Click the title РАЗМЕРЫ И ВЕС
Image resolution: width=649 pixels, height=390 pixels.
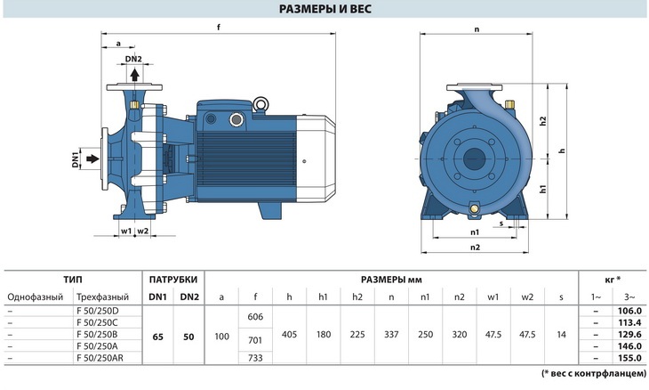(324, 9)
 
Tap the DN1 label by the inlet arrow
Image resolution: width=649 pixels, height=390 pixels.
(76, 159)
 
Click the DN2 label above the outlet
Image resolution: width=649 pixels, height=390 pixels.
(133, 59)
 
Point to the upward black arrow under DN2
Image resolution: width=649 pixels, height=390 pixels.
(134, 75)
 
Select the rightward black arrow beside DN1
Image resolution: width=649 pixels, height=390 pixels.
(92, 158)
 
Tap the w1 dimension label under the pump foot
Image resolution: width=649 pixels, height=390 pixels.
(126, 231)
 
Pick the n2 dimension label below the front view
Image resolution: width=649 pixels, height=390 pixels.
(475, 247)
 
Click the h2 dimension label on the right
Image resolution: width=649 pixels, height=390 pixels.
(543, 121)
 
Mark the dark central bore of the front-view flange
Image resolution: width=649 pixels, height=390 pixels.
(474, 159)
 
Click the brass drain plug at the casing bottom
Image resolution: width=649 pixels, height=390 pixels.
(475, 208)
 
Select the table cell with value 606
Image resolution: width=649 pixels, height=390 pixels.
(255, 317)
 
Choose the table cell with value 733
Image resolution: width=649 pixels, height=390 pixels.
(255, 358)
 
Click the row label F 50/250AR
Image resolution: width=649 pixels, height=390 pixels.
(100, 358)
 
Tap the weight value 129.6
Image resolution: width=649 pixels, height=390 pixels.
(629, 334)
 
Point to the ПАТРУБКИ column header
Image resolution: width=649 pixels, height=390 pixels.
(173, 280)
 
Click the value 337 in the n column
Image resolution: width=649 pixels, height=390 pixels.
(391, 335)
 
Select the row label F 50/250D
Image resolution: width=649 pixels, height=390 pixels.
(98, 311)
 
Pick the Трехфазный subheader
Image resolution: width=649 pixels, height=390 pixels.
(102, 297)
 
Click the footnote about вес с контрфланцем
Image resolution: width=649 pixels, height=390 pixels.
(594, 373)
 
